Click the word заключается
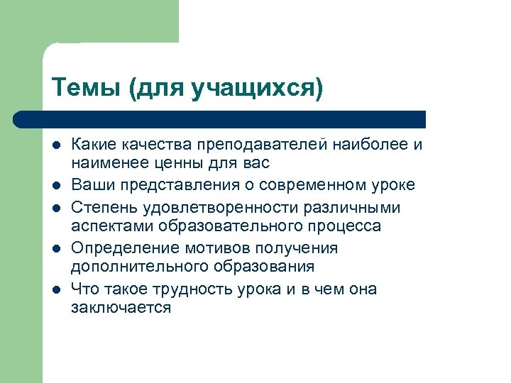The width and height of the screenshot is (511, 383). (121, 309)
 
